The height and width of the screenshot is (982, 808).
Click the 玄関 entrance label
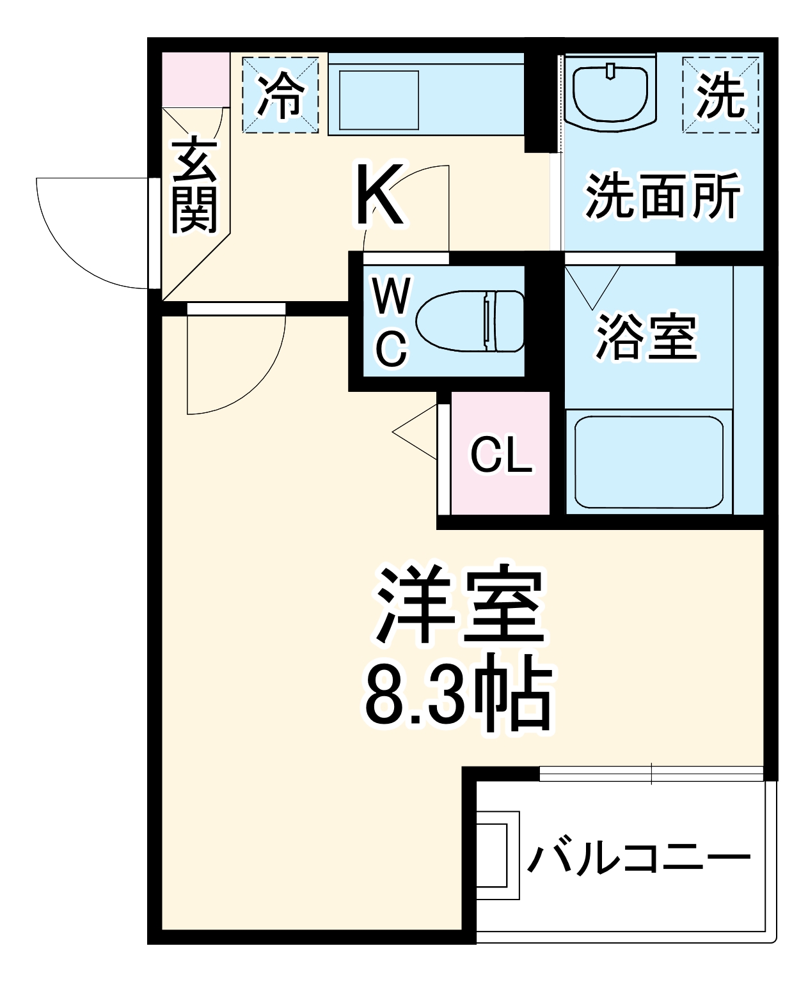194,185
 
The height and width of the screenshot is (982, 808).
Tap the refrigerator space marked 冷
280,95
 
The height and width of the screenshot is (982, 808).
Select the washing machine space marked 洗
721,95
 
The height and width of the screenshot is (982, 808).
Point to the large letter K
380,195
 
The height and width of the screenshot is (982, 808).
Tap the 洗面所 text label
663,194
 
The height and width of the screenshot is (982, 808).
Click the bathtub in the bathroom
648,462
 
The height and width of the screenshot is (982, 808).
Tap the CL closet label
501,455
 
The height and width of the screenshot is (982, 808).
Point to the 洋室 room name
460,604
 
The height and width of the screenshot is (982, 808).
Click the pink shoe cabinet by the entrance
195,79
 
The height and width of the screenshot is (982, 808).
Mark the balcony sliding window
651,773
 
